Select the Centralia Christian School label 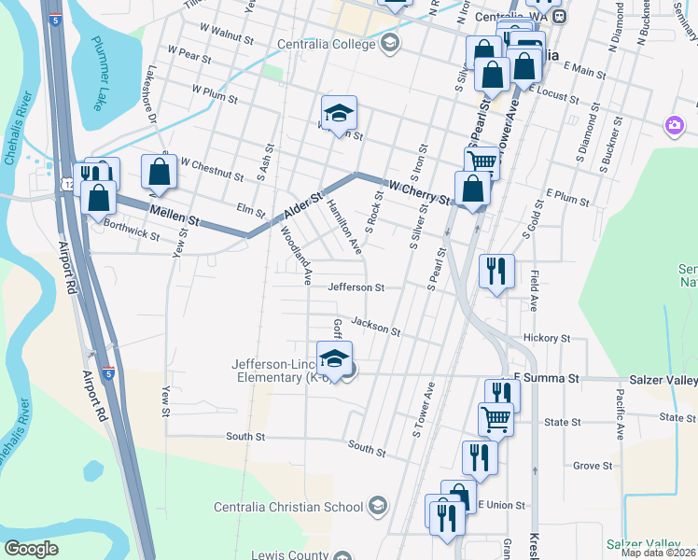[x=288, y=507]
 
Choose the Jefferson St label [x=356, y=287]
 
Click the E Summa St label [x=546, y=378]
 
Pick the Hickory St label [x=547, y=337]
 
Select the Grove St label [x=592, y=465]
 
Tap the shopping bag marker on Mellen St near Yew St [x=160, y=172]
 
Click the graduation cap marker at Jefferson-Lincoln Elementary [x=334, y=357]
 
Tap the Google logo [x=31, y=549]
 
